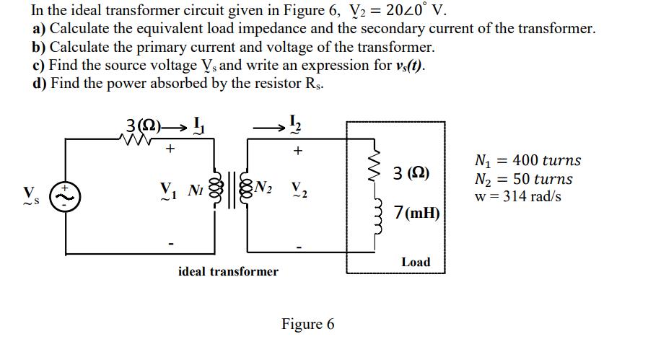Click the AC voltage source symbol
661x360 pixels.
coord(66,195)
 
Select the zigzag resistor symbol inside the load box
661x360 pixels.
coord(374,171)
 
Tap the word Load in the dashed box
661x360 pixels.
coord(416,262)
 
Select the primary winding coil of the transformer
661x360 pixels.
coord(214,193)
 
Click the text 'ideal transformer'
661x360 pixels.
coord(227,271)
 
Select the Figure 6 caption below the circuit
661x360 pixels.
coord(308,324)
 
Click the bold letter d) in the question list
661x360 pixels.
coord(40,83)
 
